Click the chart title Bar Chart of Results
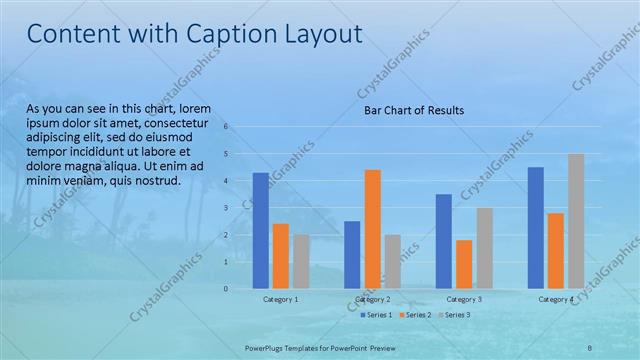[x=413, y=110]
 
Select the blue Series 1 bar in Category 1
[x=260, y=230]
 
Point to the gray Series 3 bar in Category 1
[x=301, y=261]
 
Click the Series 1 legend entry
[x=376, y=315]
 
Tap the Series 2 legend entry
[x=415, y=315]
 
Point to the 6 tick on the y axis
[x=227, y=127]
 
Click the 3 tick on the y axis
[x=227, y=208]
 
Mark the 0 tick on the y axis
[x=227, y=289]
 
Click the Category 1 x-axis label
[x=281, y=299]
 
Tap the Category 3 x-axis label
[x=464, y=299]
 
